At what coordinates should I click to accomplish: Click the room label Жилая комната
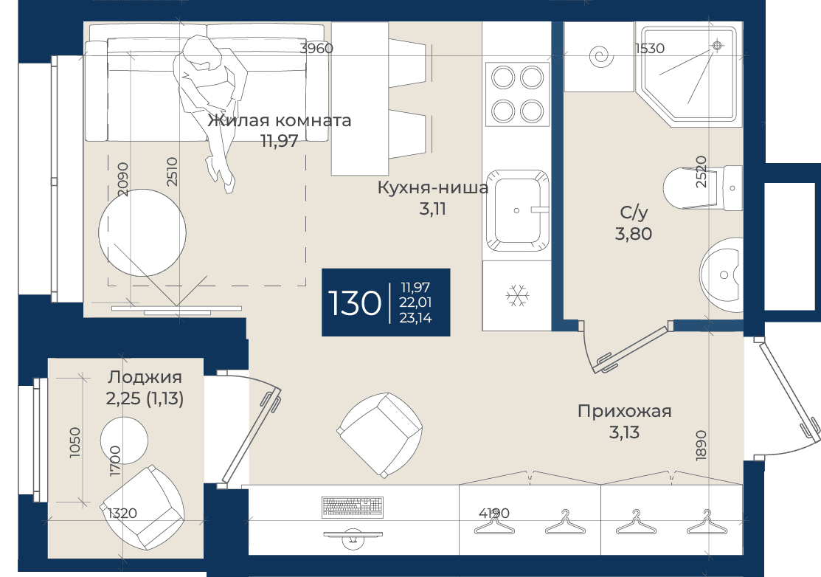pyautogui.click(x=279, y=120)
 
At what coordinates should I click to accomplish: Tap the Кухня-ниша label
pyautogui.click(x=432, y=187)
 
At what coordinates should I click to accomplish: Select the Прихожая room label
pyautogui.click(x=624, y=411)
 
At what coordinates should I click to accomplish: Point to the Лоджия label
pyautogui.click(x=145, y=377)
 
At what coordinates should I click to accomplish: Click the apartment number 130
pyautogui.click(x=355, y=303)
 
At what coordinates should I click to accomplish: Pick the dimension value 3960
pyautogui.click(x=316, y=48)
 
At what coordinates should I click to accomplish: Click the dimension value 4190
pyautogui.click(x=493, y=513)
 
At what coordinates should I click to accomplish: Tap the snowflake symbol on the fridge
pyautogui.click(x=517, y=296)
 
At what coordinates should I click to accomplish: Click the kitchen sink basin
pyautogui.click(x=517, y=210)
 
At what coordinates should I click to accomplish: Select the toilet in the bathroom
pyautogui.click(x=702, y=187)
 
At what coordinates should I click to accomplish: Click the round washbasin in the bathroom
pyautogui.click(x=721, y=274)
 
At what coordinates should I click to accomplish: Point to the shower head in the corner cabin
pyautogui.click(x=717, y=46)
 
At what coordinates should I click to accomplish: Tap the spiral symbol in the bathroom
pyautogui.click(x=602, y=57)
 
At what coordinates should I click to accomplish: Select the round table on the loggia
pyautogui.click(x=124, y=440)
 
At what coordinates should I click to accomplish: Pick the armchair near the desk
pyautogui.click(x=380, y=435)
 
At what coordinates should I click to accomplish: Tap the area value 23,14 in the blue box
pyautogui.click(x=415, y=318)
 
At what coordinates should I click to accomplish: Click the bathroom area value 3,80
pyautogui.click(x=634, y=233)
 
